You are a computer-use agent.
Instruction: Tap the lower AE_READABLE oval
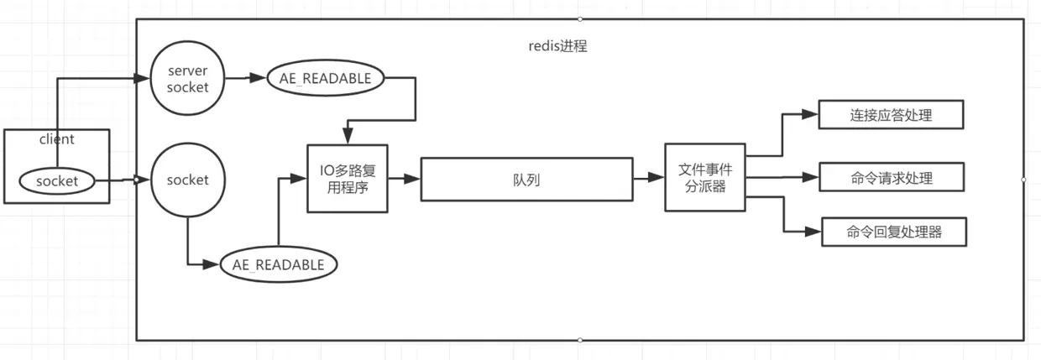278,264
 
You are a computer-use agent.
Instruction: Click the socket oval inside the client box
57,180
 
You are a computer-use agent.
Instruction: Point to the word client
57,139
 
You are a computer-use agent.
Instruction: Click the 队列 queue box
525,179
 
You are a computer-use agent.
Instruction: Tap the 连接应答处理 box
890,115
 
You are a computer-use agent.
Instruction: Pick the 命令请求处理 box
890,178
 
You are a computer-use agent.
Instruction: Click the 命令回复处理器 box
893,232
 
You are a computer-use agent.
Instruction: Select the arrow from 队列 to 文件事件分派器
647,179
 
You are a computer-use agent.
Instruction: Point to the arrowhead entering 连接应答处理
811,115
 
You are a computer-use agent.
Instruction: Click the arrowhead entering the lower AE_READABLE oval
214,264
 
